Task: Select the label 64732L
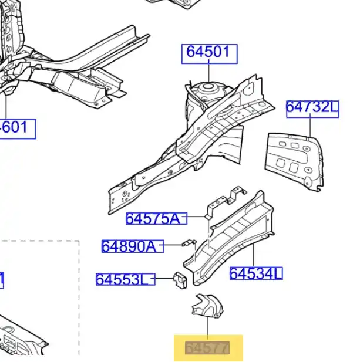312,108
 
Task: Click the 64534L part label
255,273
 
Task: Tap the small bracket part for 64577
203,307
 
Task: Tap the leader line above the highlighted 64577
207,328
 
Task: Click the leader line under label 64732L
311,126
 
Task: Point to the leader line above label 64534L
253,255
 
